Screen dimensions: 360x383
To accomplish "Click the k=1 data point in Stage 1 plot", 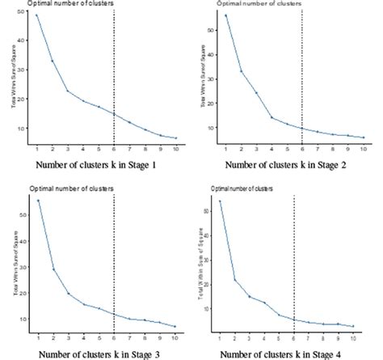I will pos(37,15).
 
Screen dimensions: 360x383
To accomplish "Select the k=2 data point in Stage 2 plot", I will pos(242,71).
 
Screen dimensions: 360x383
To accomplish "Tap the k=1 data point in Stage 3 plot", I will pos(37,201).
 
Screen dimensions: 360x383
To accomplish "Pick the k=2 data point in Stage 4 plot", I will pos(235,280).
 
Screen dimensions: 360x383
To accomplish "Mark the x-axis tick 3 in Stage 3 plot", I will pos(68,334).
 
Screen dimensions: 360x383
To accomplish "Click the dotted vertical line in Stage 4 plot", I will pos(293,259).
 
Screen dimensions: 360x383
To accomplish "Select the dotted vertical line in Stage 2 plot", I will pos(302,73).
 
